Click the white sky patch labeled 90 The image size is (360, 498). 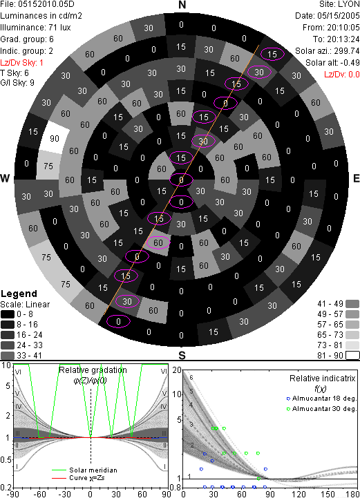coord(55,137)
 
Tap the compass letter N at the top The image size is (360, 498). coord(182,5)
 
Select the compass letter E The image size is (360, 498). coord(356,178)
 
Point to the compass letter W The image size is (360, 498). coord(5,178)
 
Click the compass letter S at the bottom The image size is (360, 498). coord(182,355)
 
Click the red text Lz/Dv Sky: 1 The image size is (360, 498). coord(21,63)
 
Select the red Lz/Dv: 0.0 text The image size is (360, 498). coord(342,75)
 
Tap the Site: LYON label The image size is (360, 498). coord(339,4)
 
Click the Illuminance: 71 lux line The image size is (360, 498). coord(35,28)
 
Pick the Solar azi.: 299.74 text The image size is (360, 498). coord(328,51)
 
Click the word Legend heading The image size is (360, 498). coord(19,294)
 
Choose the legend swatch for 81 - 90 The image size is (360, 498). coord(352,355)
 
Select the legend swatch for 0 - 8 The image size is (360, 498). coord(8,314)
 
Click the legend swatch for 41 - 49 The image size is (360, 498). coord(352,304)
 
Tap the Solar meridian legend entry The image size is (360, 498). coord(84,470)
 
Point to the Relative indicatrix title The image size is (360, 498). coord(323,379)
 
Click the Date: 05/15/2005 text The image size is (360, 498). coord(328,16)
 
